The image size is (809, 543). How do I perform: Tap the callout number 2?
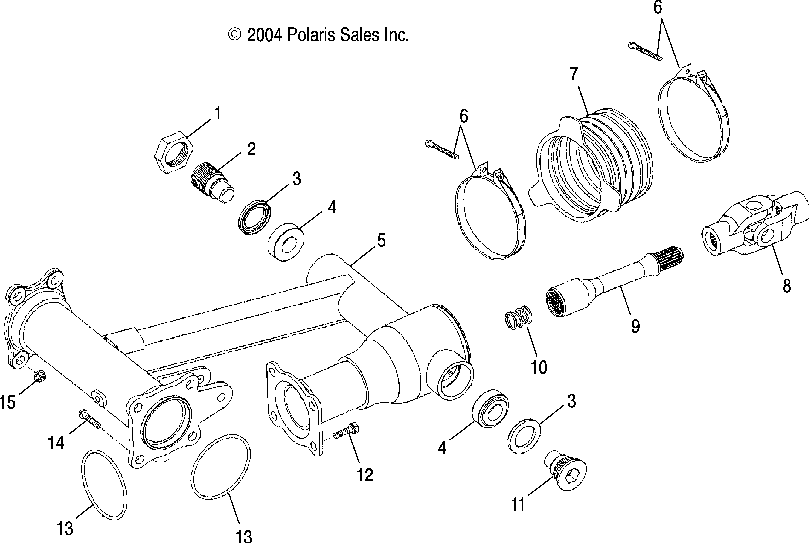250,149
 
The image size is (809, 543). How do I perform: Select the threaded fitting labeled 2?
211,181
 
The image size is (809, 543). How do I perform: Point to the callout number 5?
380,240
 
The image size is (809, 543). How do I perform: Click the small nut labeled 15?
37,377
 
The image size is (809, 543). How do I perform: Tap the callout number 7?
573,73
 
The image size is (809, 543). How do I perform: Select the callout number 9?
628,326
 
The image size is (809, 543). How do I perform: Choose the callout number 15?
8,403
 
